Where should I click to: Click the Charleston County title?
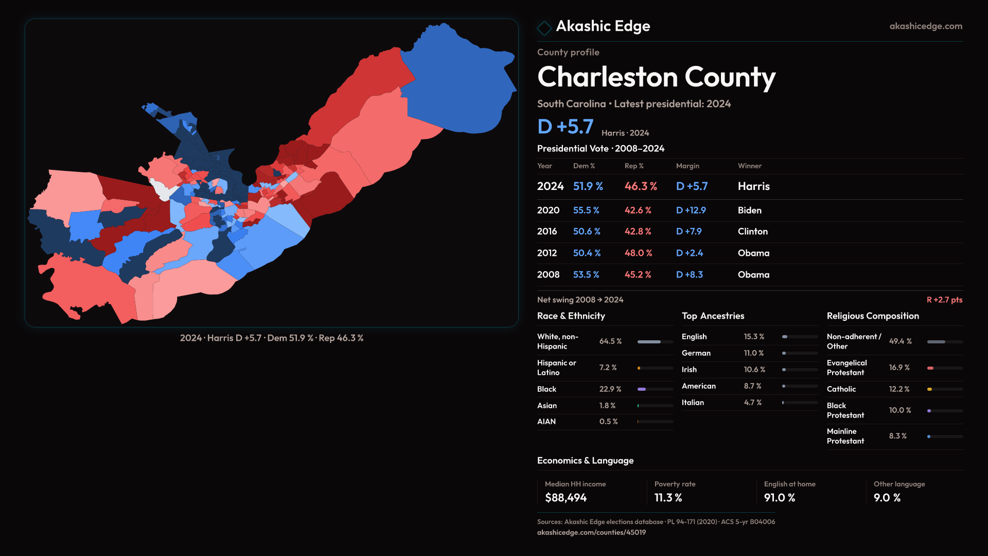click(x=656, y=77)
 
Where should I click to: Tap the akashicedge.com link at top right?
click(x=925, y=26)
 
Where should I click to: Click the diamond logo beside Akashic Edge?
click(x=544, y=28)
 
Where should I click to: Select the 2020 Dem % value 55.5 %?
click(x=586, y=211)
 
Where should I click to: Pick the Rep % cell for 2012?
click(x=638, y=253)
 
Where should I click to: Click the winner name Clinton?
click(x=752, y=232)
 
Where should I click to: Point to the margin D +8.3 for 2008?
click(x=689, y=275)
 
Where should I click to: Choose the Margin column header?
click(x=687, y=166)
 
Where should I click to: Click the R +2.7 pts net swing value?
click(x=944, y=300)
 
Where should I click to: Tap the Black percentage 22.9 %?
click(x=610, y=389)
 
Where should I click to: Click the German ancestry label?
click(x=696, y=353)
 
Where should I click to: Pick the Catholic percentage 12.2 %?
click(x=899, y=389)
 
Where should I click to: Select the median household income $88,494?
click(x=566, y=498)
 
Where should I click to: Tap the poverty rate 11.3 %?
click(x=668, y=498)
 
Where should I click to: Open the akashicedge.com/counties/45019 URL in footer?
click(x=591, y=532)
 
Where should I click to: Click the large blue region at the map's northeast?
click(x=458, y=82)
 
